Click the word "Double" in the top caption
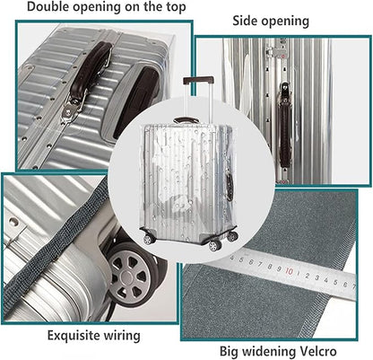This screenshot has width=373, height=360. click(x=48, y=7)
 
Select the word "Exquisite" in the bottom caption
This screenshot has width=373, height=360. click(x=74, y=335)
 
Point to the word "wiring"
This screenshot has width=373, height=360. click(x=122, y=336)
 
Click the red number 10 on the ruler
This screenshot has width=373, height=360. click(x=289, y=271)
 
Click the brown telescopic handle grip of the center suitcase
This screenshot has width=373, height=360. click(x=198, y=80)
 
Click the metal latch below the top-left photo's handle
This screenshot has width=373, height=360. click(x=71, y=110)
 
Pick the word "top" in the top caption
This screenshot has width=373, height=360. click(x=176, y=7)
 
